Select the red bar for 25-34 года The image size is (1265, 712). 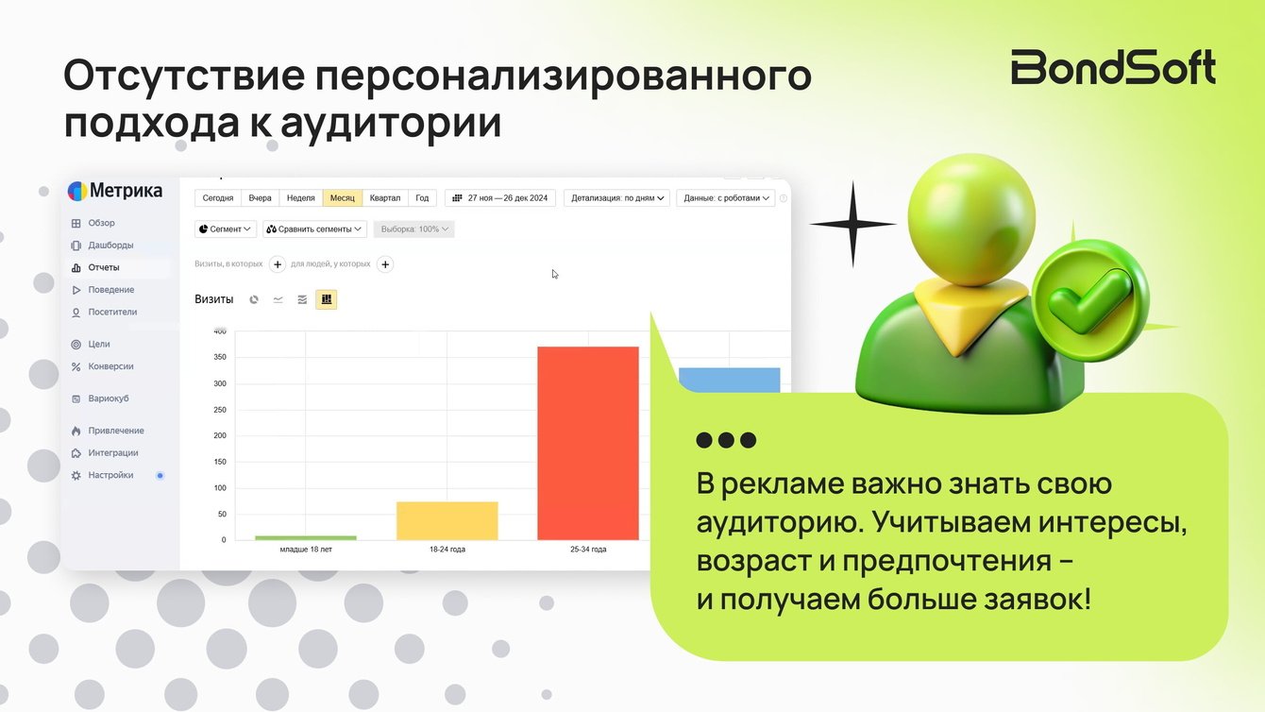pyautogui.click(x=588, y=443)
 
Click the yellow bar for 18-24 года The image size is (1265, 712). pyautogui.click(x=447, y=520)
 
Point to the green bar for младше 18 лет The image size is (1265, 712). pyautogui.click(x=306, y=538)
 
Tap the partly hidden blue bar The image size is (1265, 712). pyautogui.click(x=729, y=380)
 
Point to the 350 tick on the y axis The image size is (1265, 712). pyautogui.click(x=220, y=357)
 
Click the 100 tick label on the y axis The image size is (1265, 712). pyautogui.click(x=220, y=487)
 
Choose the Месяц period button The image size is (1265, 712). pyautogui.click(x=343, y=197)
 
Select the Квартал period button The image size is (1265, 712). pyautogui.click(x=384, y=197)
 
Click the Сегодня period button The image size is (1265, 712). pyautogui.click(x=217, y=197)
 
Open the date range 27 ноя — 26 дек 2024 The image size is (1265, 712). pyautogui.click(x=500, y=197)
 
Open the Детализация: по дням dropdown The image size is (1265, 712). pyautogui.click(x=616, y=197)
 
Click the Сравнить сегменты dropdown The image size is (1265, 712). pyautogui.click(x=314, y=229)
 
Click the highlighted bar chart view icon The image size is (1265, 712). pyautogui.click(x=327, y=299)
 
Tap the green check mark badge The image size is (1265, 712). pyautogui.click(x=1090, y=300)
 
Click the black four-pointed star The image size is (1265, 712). pyautogui.click(x=852, y=225)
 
